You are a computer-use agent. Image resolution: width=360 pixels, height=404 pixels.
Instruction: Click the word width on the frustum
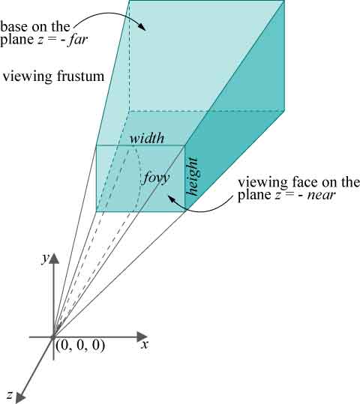pyautogui.click(x=147, y=138)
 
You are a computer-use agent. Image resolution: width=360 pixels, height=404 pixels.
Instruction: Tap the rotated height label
pyautogui.click(x=193, y=177)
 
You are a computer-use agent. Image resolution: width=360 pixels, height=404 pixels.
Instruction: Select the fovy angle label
pyautogui.click(x=156, y=178)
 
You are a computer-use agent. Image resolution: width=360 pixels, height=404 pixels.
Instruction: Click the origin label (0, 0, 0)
pyautogui.click(x=80, y=346)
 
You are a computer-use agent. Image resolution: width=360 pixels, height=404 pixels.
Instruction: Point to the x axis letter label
pyautogui.click(x=145, y=345)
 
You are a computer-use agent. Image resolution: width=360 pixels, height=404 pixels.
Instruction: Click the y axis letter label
pyautogui.click(x=46, y=258)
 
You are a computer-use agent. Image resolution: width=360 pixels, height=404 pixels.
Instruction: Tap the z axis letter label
pyautogui.click(x=10, y=394)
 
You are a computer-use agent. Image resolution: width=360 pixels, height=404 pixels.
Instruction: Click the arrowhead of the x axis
pyautogui.click(x=142, y=337)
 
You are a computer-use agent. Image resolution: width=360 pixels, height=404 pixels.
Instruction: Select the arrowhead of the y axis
pyautogui.click(x=53, y=259)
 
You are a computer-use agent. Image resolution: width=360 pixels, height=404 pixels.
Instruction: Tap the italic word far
pyautogui.click(x=77, y=40)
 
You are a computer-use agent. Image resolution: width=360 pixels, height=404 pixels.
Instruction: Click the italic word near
pyautogui.click(x=321, y=196)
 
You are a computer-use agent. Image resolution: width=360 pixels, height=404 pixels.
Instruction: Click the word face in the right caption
pyautogui.click(x=304, y=182)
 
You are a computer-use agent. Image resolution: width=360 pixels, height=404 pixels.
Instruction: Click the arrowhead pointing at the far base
pyautogui.click(x=142, y=27)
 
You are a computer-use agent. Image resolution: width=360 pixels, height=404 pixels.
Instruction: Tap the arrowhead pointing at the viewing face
pyautogui.click(x=171, y=199)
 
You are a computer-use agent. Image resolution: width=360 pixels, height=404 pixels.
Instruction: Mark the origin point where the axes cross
pyautogui.click(x=53, y=337)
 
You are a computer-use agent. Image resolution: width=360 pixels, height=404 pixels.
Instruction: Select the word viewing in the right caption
pyautogui.click(x=263, y=183)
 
